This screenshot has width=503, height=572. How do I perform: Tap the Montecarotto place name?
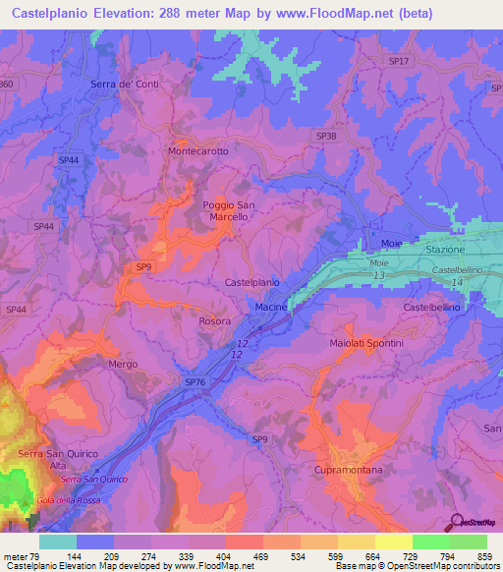point(198,151)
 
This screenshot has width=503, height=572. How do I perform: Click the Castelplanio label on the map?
point(251,282)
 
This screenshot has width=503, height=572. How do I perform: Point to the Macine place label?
point(270,308)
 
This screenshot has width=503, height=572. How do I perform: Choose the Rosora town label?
point(215,321)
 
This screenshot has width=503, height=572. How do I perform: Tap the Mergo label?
point(123,364)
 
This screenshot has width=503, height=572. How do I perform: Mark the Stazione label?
point(472,251)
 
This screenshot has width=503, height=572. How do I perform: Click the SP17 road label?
point(399,61)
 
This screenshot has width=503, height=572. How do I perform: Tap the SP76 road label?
point(195,380)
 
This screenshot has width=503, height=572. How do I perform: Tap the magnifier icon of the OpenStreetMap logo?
point(455,522)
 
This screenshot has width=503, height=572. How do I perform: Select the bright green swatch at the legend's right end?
point(469,542)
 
